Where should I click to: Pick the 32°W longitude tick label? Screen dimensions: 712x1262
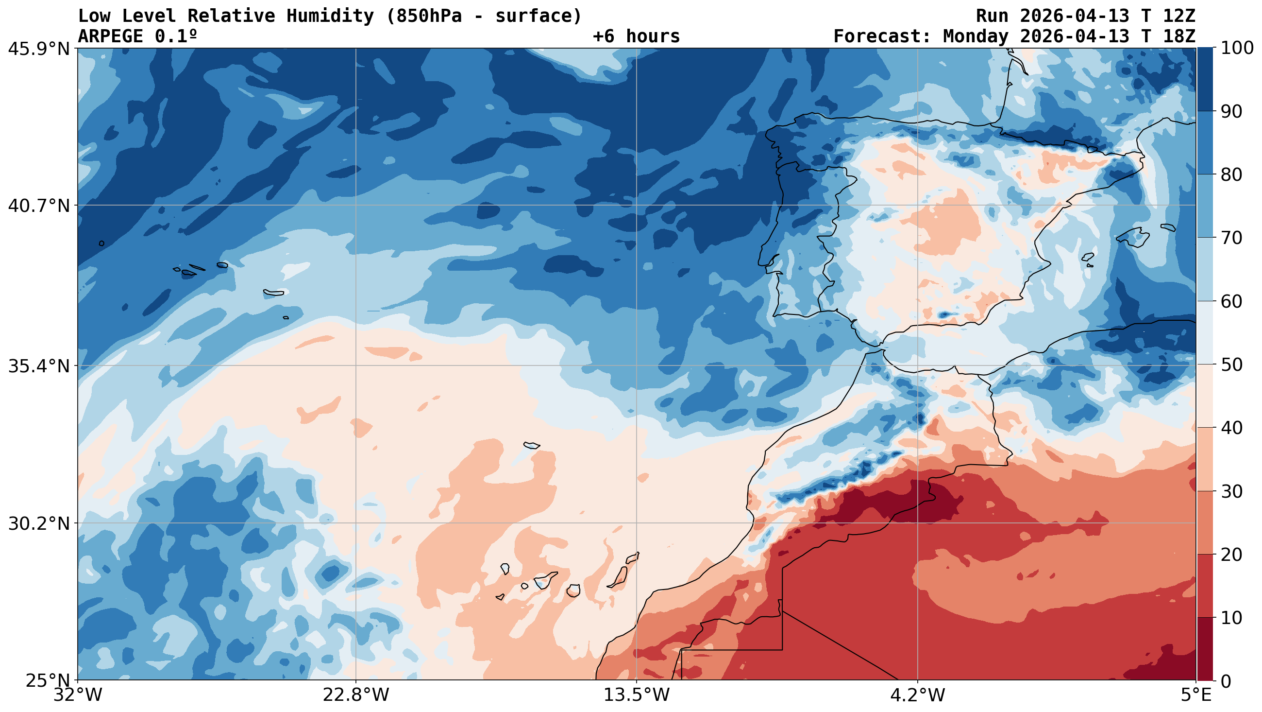point(77,696)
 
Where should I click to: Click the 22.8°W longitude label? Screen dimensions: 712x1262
point(355,696)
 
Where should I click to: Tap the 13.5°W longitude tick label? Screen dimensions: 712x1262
point(636,696)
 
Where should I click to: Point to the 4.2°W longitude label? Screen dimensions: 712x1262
point(917,696)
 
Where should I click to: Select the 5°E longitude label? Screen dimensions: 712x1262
point(1196,696)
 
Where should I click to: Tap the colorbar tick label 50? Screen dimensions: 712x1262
point(1231,365)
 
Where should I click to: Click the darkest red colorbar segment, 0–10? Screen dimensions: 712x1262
point(1205,649)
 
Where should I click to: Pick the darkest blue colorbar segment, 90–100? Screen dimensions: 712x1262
point(1205,79)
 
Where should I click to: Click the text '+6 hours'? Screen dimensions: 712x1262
point(636,37)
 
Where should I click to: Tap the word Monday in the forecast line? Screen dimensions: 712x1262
point(976,37)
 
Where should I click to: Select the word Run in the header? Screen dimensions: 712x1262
point(992,16)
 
